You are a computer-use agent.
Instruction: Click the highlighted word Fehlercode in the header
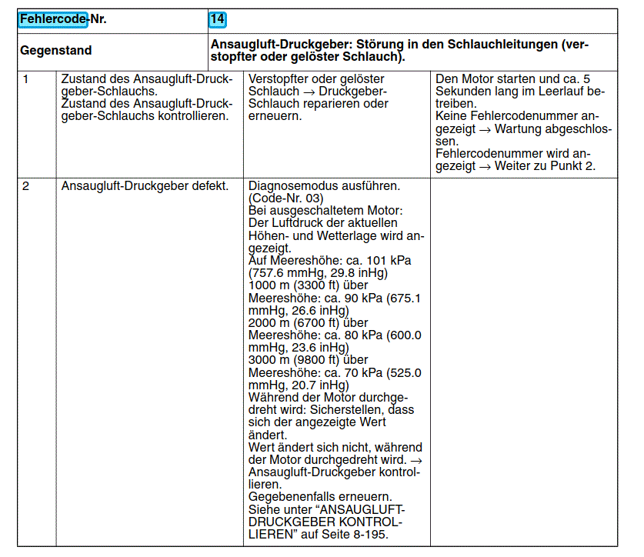(53, 19)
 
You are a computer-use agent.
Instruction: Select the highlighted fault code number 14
(217, 19)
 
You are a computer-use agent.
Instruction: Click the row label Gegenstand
(56, 51)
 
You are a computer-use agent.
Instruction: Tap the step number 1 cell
(26, 78)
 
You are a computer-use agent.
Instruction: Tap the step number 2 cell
(26, 186)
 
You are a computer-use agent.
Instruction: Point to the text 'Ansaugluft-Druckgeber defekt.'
(145, 186)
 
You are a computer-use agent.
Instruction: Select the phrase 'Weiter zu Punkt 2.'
(545, 165)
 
